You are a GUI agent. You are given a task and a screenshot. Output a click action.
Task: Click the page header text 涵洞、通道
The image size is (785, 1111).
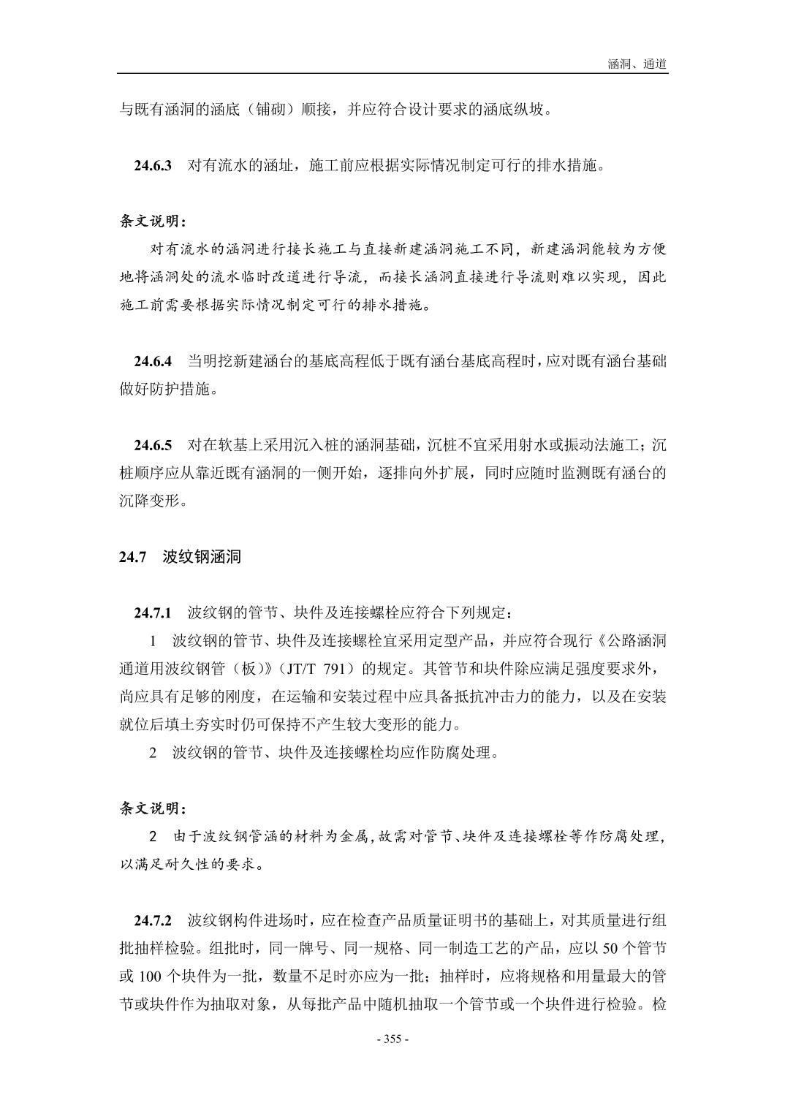coord(637,64)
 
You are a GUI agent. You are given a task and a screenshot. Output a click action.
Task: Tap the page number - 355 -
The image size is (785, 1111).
coord(392,1039)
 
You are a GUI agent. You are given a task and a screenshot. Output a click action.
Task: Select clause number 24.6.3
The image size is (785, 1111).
coord(153,166)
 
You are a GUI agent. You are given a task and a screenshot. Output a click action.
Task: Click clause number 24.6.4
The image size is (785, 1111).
coord(153,361)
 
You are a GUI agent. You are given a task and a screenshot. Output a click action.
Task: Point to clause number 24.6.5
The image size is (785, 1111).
coord(153,445)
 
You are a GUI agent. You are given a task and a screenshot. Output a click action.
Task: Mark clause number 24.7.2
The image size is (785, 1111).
coord(153,919)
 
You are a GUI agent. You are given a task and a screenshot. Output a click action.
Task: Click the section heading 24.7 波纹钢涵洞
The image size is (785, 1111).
coord(180,557)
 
